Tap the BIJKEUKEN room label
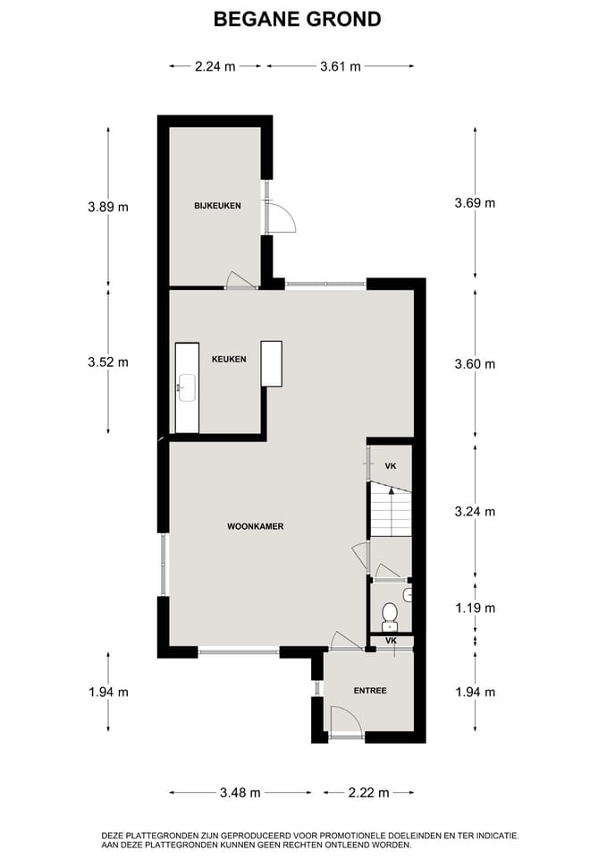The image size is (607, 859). coord(217,206)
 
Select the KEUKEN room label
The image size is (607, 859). coord(228,359)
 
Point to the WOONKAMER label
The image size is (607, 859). coord(255,526)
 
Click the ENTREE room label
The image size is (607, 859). coord(369,690)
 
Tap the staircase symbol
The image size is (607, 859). coord(390,513)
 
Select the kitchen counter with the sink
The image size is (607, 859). coord(187,387)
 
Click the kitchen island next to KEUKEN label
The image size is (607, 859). coord(271,363)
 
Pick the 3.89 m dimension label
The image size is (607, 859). coord(108,207)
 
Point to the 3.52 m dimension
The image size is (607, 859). coord(108,362)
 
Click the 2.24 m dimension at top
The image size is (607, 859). coord(215,65)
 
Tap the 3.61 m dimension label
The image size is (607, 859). coord(341,65)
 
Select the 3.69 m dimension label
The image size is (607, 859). coord(475,203)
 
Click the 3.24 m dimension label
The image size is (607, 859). coord(475,512)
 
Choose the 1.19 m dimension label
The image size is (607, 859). coord(475,608)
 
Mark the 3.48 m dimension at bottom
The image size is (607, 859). coord(240,792)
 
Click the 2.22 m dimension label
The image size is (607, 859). coord(368,792)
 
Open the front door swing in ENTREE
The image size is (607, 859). coord(345,721)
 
